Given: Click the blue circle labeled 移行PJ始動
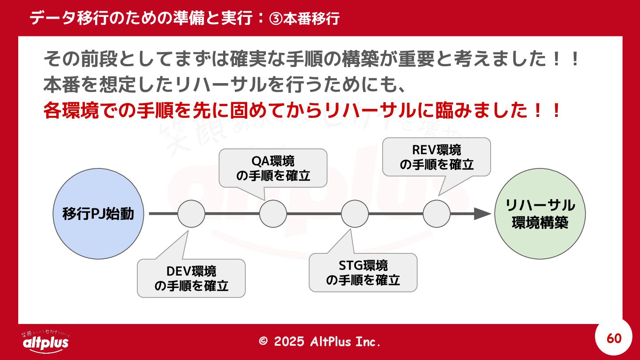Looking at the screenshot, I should [98, 214].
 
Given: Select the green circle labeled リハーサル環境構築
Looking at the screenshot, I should [540, 214].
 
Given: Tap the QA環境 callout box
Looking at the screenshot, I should [273, 168].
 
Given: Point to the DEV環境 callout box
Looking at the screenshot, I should [191, 278].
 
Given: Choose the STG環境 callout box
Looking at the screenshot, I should [363, 272].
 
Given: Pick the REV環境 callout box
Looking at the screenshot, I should [436, 157].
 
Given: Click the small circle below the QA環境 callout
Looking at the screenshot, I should [273, 214].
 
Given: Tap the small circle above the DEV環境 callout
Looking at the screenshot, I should [191, 214].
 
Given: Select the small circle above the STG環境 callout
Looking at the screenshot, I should [355, 214].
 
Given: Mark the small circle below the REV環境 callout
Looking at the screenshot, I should [436, 214].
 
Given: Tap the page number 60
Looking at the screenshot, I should [614, 339].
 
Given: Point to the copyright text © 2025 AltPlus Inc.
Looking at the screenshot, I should [320, 341].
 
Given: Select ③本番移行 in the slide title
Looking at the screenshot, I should [304, 19].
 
